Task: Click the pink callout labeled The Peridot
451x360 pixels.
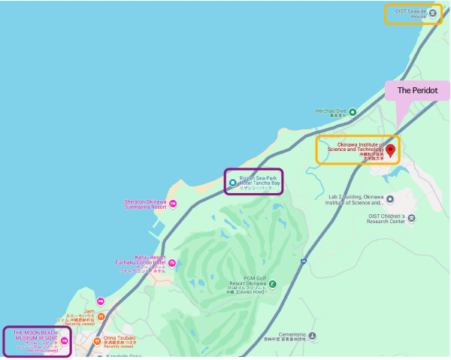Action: (x=417, y=90)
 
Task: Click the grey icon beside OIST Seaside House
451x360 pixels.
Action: (x=432, y=14)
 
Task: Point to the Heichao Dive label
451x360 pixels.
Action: (x=330, y=111)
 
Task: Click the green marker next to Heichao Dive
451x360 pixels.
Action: (x=353, y=111)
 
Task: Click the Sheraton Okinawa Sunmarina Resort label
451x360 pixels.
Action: (x=146, y=204)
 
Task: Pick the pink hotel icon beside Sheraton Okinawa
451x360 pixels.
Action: (x=173, y=204)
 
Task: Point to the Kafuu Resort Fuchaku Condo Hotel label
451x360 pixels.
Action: (x=139, y=262)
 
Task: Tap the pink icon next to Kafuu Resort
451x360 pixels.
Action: (x=172, y=262)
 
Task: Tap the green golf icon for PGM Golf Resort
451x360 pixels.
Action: (x=272, y=284)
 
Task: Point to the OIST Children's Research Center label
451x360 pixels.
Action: (x=387, y=219)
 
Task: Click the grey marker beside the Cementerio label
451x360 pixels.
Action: (x=312, y=334)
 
